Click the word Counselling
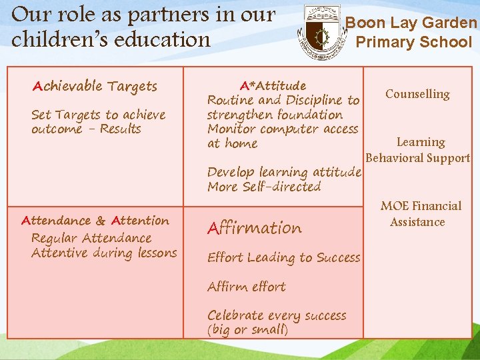point(417,94)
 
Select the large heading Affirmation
point(255,228)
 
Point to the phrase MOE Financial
point(421,206)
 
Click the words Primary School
point(413,43)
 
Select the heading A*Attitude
point(273,85)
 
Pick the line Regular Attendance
point(91,238)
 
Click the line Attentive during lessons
point(104,253)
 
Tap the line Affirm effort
point(247,287)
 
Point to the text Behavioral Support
point(418,158)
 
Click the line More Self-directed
point(264,187)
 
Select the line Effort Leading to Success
point(283,257)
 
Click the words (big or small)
point(247,330)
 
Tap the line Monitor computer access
point(283,129)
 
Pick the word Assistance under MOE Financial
point(417,222)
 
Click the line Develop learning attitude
point(284,172)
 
